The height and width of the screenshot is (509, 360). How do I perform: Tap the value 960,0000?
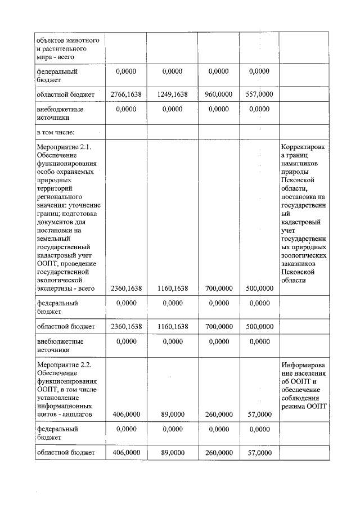[218, 94]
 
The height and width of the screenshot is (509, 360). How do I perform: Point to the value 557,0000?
[259, 94]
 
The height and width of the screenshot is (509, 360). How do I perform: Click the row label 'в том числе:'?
[56, 132]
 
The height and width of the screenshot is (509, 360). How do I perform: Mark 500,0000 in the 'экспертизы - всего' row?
[259, 289]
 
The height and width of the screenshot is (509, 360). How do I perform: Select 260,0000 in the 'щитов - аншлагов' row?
[218, 415]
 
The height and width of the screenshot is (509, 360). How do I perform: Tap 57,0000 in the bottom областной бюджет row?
[259, 452]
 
